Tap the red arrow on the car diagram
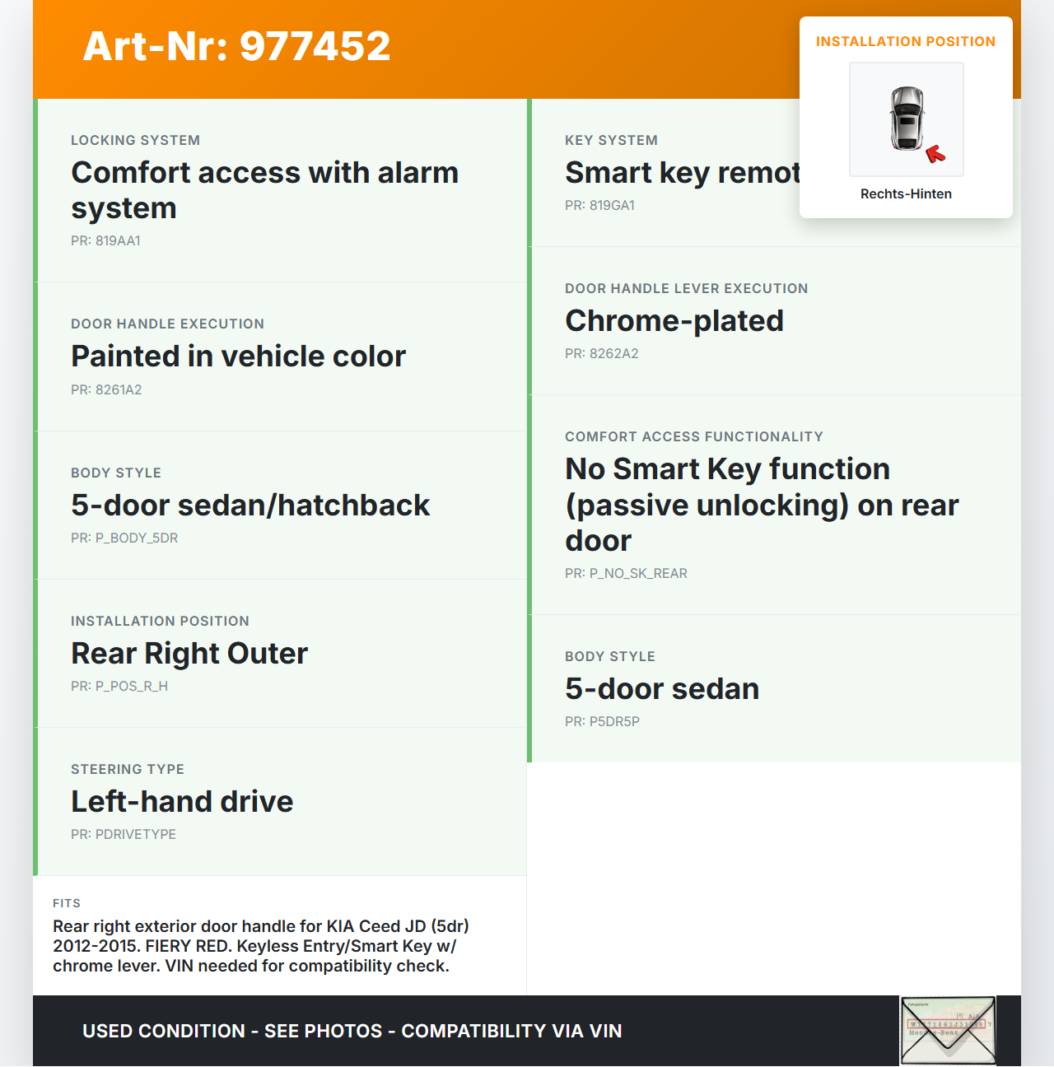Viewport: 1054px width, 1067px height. [x=935, y=153]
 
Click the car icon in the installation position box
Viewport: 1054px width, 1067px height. [x=907, y=118]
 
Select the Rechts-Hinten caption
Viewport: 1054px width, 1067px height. [x=906, y=194]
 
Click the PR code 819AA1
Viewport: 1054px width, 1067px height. [x=105, y=241]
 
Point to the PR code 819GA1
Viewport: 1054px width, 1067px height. [x=599, y=206]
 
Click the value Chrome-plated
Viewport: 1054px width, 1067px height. [x=674, y=321]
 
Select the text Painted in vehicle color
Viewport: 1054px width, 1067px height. [x=238, y=356]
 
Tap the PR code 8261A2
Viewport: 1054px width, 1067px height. [x=106, y=390]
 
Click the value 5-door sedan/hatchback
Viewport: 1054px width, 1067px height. [x=250, y=506]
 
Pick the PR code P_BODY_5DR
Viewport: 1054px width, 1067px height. [x=124, y=538]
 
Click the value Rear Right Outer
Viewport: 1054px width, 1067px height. [x=189, y=654]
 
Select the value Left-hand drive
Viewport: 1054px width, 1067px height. [x=182, y=802]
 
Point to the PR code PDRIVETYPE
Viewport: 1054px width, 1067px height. [x=124, y=835]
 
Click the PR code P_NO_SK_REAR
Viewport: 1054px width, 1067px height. [x=626, y=574]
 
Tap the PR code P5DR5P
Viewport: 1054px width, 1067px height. [x=602, y=722]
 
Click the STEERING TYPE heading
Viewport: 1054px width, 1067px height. [x=128, y=770]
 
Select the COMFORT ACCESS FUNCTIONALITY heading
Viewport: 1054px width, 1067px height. [x=693, y=437]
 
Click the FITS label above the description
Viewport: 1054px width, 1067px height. [x=67, y=903]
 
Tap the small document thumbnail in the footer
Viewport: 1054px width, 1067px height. [x=948, y=1030]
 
